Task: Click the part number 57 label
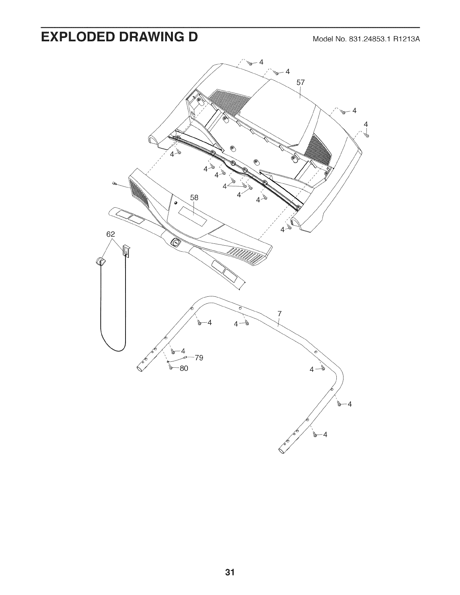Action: pos(300,82)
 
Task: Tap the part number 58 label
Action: pos(194,198)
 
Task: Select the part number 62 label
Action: pos(110,234)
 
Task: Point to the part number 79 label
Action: pos(198,358)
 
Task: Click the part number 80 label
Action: pos(183,368)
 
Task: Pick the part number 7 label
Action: pos(279,314)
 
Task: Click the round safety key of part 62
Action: pos(101,261)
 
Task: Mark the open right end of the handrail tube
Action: pos(282,450)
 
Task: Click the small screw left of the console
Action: pos(114,184)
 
